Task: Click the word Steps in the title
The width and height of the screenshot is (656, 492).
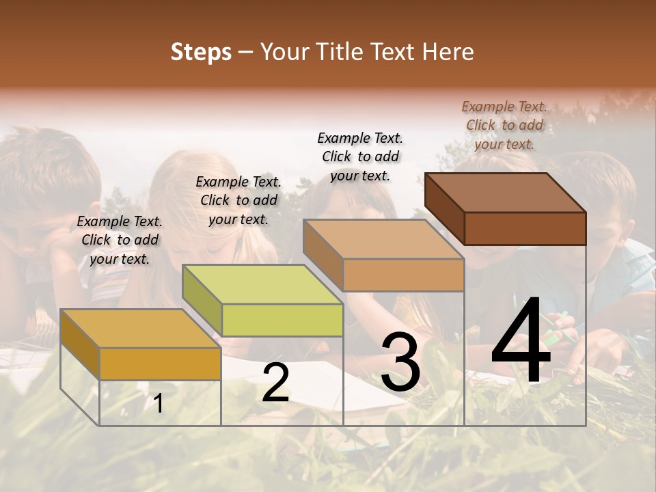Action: [x=201, y=52]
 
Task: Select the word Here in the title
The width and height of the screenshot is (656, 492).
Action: [x=448, y=52]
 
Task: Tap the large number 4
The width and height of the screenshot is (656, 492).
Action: [x=521, y=342]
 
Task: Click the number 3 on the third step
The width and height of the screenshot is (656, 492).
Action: [x=400, y=362]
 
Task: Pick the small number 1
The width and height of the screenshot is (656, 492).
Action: [x=159, y=404]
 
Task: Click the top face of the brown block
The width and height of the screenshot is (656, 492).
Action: [x=506, y=193]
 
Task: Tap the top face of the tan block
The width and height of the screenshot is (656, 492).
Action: [x=384, y=239]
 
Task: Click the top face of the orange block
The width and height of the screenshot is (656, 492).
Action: [x=141, y=329]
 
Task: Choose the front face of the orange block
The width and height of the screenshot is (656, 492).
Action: [x=160, y=364]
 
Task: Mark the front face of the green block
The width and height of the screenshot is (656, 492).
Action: [x=282, y=320]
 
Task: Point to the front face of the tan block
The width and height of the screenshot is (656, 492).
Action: [x=403, y=275]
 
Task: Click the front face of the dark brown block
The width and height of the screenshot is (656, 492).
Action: [x=525, y=228]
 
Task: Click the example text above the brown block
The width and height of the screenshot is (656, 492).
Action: [x=504, y=125]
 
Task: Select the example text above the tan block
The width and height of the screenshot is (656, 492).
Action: [x=360, y=156]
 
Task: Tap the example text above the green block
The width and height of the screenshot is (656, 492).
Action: [x=238, y=200]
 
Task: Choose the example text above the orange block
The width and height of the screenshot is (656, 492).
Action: [x=120, y=240]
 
